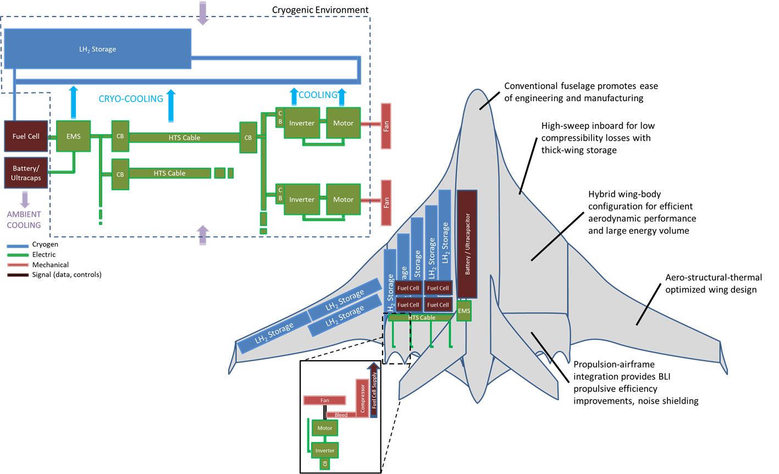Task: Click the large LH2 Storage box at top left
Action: click(97, 49)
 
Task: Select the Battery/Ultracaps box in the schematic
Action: click(26, 173)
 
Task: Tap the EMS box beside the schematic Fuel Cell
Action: click(73, 136)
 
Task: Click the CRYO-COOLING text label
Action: click(131, 99)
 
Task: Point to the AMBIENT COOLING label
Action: click(24, 219)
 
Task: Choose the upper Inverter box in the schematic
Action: click(302, 123)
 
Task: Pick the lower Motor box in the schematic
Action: click(343, 200)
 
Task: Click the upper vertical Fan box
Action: click(386, 126)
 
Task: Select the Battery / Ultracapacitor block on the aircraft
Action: click(467, 244)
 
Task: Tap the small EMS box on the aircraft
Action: click(464, 311)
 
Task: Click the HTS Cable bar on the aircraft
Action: click(421, 317)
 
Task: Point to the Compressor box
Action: click(362, 398)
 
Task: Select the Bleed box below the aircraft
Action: click(341, 415)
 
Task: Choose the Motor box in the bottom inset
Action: click(324, 428)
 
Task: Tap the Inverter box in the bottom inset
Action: click(324, 450)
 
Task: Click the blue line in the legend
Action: click(18, 246)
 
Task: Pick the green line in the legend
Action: click(18, 255)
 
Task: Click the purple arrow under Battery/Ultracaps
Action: click(25, 199)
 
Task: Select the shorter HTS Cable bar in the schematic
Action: click(169, 173)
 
